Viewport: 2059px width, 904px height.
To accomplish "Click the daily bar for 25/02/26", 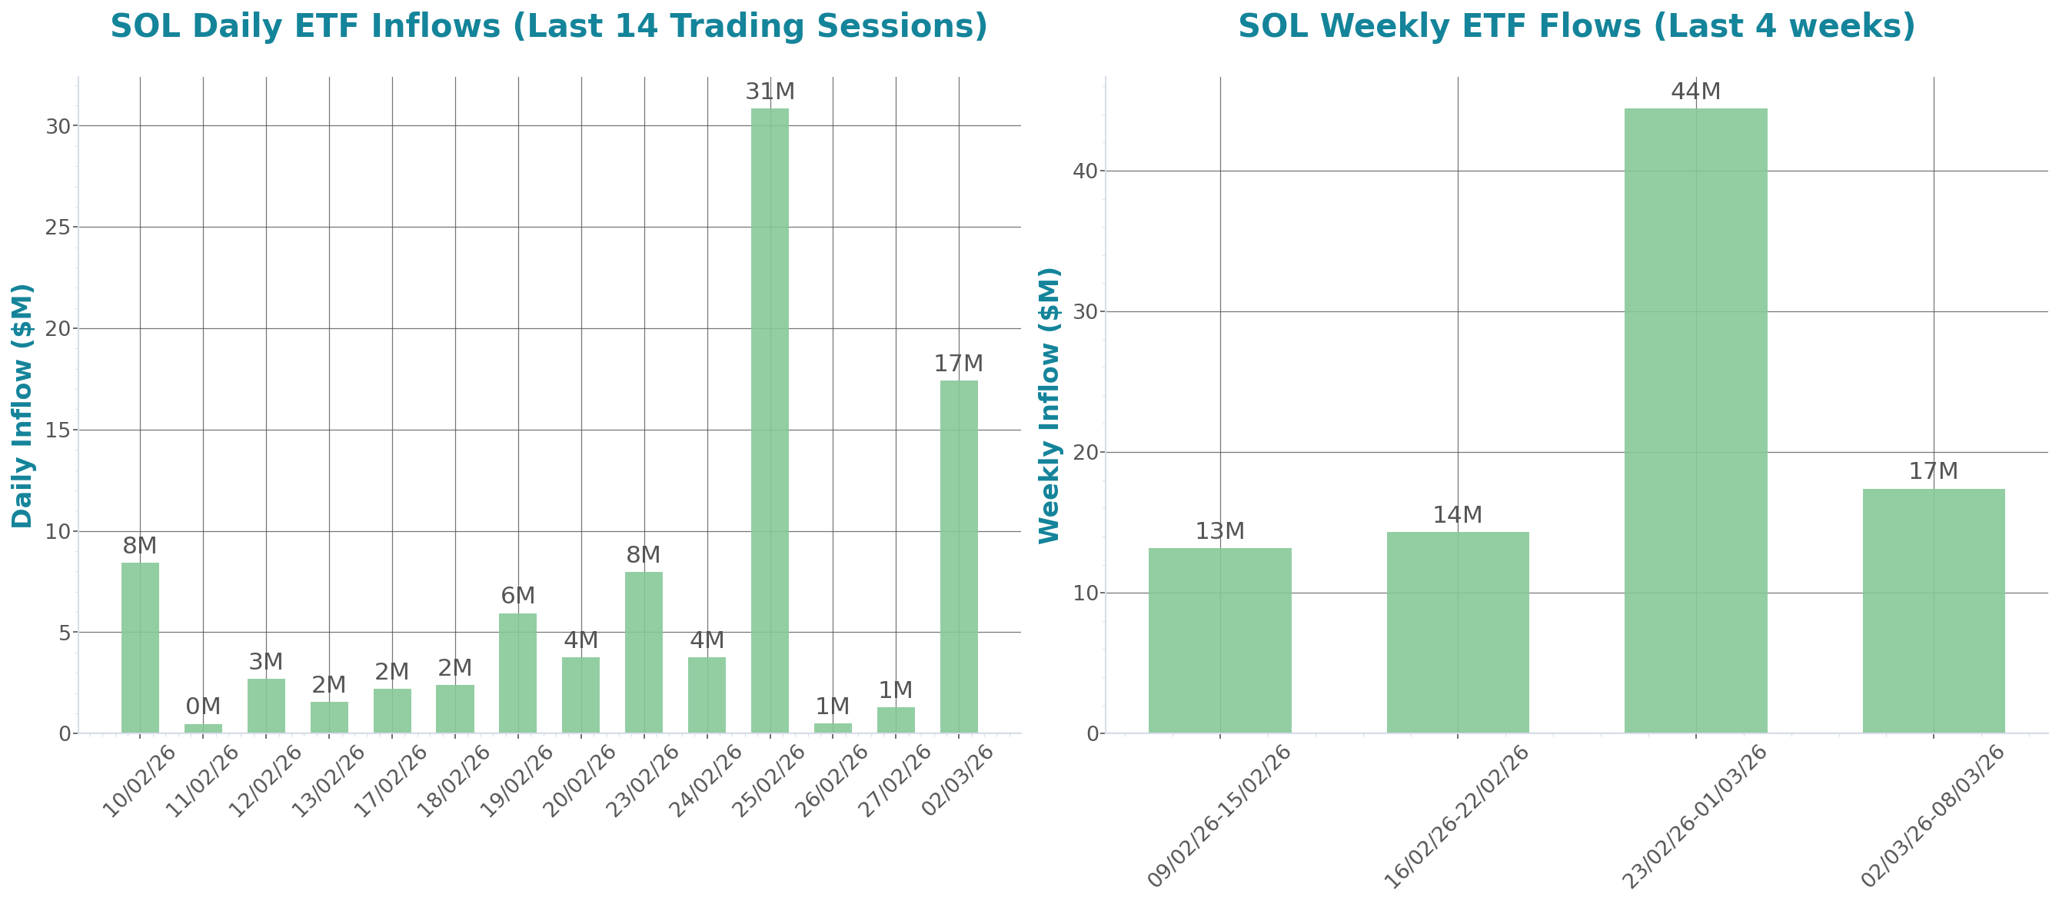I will [770, 420].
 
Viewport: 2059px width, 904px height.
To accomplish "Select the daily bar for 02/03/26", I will [958, 557].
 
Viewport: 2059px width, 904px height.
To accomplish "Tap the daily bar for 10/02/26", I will [140, 647].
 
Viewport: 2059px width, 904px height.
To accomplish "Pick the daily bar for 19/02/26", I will [518, 673].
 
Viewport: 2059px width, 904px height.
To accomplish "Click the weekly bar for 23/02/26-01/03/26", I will [1695, 420].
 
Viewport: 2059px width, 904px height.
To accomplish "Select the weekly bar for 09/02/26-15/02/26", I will [1219, 640].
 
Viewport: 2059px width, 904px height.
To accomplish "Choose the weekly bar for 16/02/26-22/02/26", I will [1457, 631].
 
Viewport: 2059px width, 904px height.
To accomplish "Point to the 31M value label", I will [770, 93].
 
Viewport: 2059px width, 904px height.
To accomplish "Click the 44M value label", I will [1695, 93].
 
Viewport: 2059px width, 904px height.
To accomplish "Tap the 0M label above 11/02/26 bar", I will [203, 706].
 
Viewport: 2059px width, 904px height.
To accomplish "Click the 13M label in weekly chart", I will [1219, 531].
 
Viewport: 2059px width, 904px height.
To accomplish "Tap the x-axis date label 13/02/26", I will [328, 781].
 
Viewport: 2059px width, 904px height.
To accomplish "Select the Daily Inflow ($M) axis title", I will [22, 405].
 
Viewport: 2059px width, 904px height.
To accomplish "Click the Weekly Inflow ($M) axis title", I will [1049, 405].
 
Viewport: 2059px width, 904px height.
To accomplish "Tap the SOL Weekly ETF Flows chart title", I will [1576, 26].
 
